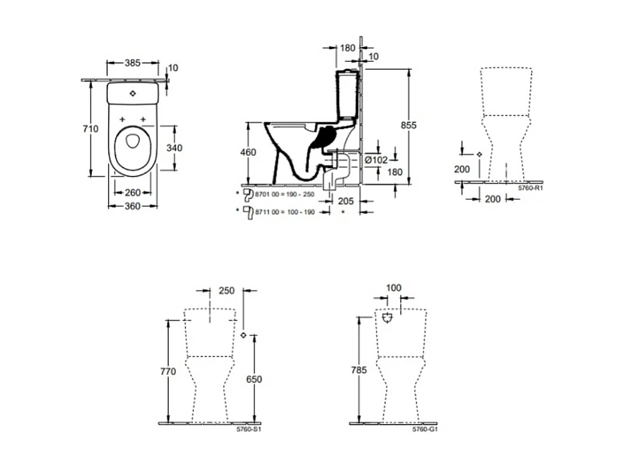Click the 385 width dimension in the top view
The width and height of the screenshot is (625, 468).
coord(132,63)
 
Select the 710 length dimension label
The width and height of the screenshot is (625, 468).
coord(91,129)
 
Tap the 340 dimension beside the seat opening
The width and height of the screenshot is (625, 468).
coord(174,148)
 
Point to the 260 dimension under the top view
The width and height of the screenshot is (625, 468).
coord(133,192)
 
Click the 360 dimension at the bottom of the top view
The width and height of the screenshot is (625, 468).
coord(132,206)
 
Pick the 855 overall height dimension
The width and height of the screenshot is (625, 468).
coord(408,126)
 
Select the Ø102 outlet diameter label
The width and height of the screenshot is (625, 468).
coord(376,160)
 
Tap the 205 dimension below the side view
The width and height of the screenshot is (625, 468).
coord(345,201)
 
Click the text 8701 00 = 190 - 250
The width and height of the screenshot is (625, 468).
coord(284,194)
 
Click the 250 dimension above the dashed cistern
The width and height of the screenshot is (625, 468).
coord(226,290)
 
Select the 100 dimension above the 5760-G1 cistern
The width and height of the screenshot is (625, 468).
coord(394,288)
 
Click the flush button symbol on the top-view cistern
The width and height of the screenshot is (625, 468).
coord(133,93)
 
